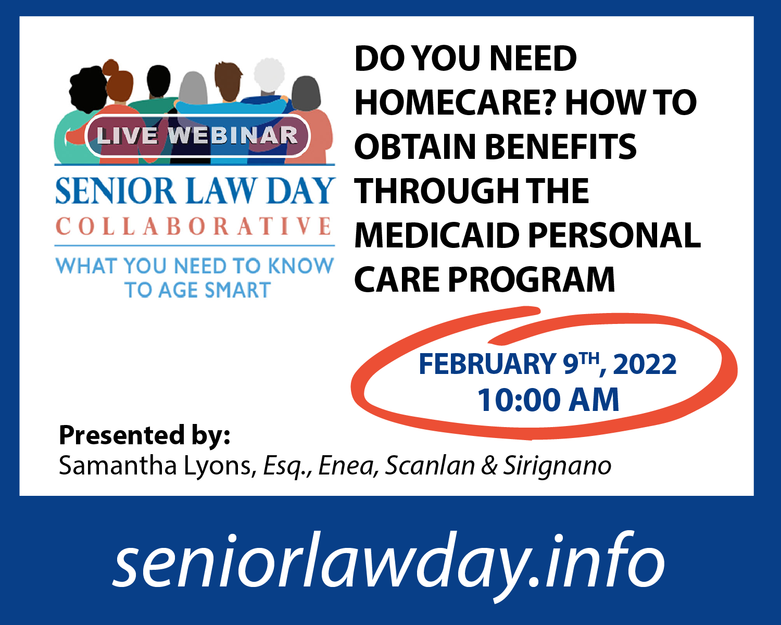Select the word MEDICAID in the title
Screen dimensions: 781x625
pos(437,235)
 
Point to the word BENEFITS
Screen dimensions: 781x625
pos(560,147)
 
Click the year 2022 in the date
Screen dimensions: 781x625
pos(645,364)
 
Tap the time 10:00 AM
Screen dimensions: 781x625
pos(548,400)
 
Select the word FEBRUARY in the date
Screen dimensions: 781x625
pos(487,364)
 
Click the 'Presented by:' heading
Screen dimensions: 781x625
pos(144,435)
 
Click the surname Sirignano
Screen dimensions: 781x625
pos(557,466)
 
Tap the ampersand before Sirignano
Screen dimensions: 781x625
pos(489,466)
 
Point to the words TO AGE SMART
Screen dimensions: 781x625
pos(198,290)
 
